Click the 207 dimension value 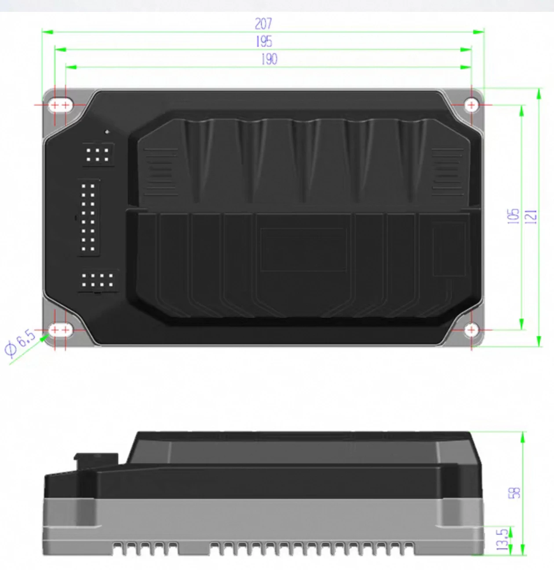point(263,24)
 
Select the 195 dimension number point(264,42)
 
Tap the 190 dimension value point(269,59)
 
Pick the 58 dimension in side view point(515,493)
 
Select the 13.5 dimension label point(503,539)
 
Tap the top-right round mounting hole point(471,105)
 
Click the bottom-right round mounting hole point(471,330)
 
